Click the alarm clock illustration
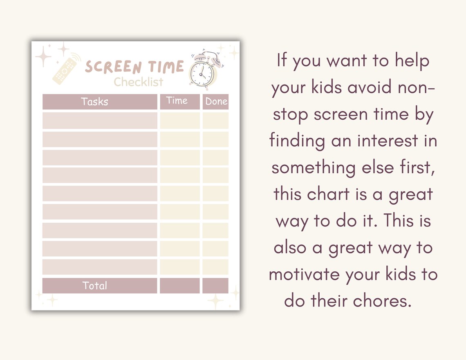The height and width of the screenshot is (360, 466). [x=203, y=70]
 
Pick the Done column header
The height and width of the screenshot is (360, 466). [x=216, y=102]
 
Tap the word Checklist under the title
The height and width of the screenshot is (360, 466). [x=138, y=82]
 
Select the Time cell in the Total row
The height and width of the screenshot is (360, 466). [x=179, y=286]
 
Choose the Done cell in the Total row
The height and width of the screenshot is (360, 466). [x=215, y=286]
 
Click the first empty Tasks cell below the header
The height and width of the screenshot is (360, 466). [x=99, y=121]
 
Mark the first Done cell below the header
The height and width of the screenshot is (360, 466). [x=215, y=121]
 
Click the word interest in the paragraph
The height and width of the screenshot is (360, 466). [x=388, y=141]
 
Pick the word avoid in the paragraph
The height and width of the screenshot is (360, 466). [x=362, y=87]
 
